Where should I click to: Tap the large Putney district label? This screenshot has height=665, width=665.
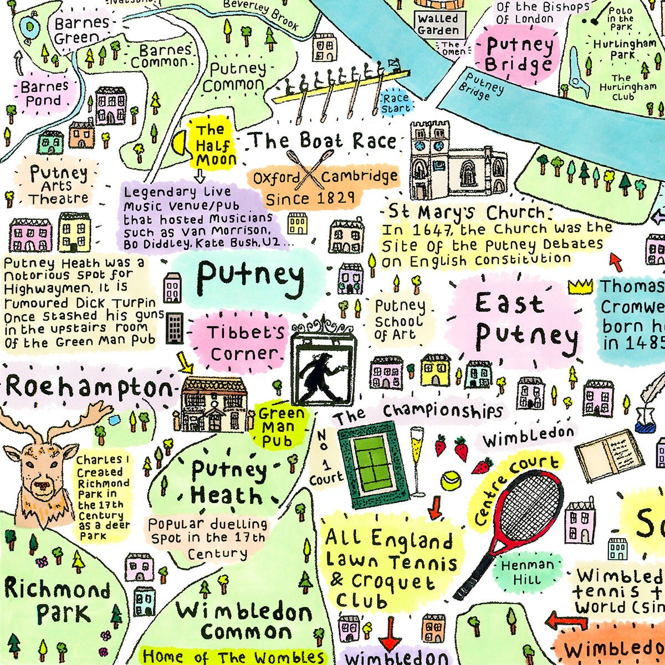[250, 276]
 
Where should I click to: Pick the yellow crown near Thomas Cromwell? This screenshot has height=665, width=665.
[580, 286]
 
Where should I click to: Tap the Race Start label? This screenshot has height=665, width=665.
[395, 103]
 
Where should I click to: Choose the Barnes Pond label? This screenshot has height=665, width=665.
[44, 93]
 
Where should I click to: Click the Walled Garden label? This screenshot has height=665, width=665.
[438, 24]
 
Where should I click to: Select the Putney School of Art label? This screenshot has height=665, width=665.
[399, 320]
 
